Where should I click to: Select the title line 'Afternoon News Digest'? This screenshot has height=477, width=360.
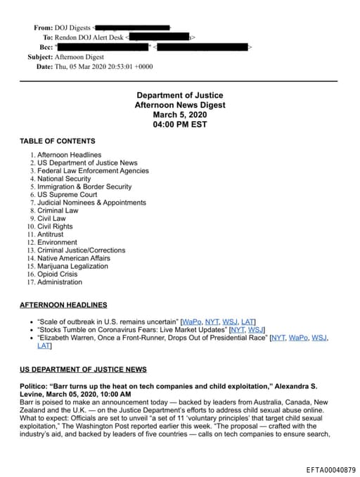pyautogui.click(x=180, y=104)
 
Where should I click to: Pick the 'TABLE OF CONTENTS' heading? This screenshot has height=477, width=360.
pyautogui.click(x=58, y=141)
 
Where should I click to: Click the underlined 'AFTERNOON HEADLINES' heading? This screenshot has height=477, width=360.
pyautogui.click(x=63, y=305)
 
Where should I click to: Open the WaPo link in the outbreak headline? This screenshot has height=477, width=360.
pyautogui.click(x=191, y=321)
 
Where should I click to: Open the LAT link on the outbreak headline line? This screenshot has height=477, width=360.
pyautogui.click(x=248, y=321)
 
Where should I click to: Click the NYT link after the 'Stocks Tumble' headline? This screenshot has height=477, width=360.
pyautogui.click(x=239, y=329)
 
